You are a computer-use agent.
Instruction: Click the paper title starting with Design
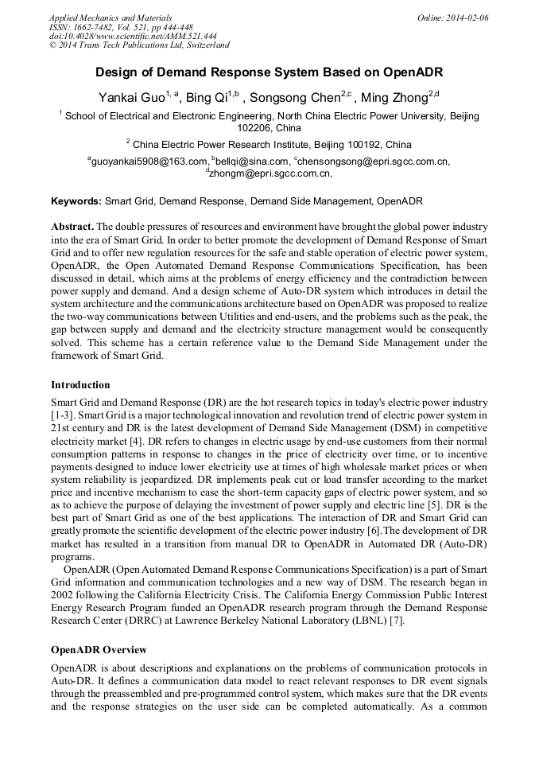click(x=269, y=72)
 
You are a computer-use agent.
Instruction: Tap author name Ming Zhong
click(x=394, y=98)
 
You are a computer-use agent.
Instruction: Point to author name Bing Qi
click(x=206, y=98)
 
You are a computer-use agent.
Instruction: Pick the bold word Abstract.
click(x=72, y=227)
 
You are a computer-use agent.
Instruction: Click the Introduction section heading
click(x=80, y=385)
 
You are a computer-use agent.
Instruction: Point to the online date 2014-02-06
click(x=467, y=18)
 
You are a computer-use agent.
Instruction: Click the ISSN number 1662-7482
click(x=93, y=27)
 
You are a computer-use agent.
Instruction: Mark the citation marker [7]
click(x=397, y=621)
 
